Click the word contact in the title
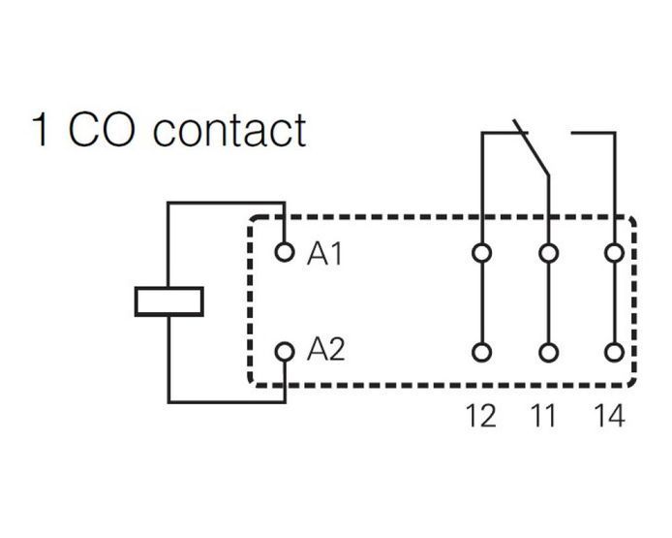tap(229, 131)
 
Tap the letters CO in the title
tap(102, 130)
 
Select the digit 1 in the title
tap(40, 130)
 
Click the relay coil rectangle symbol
tap(168, 301)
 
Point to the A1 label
tap(324, 253)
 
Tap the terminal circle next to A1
tap(284, 252)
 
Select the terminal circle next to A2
tap(284, 352)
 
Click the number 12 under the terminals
tap(481, 416)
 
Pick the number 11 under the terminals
tap(543, 416)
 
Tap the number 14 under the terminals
tap(609, 416)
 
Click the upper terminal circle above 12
tap(481, 253)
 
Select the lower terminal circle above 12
tap(481, 353)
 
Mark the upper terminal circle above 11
tap(548, 253)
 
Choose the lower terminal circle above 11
tap(548, 353)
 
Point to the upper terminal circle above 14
tap(614, 253)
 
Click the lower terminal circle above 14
tap(614, 353)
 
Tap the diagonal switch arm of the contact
tap(531, 147)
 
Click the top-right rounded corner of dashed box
tap(631, 222)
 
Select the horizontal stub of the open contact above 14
tap(593, 133)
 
